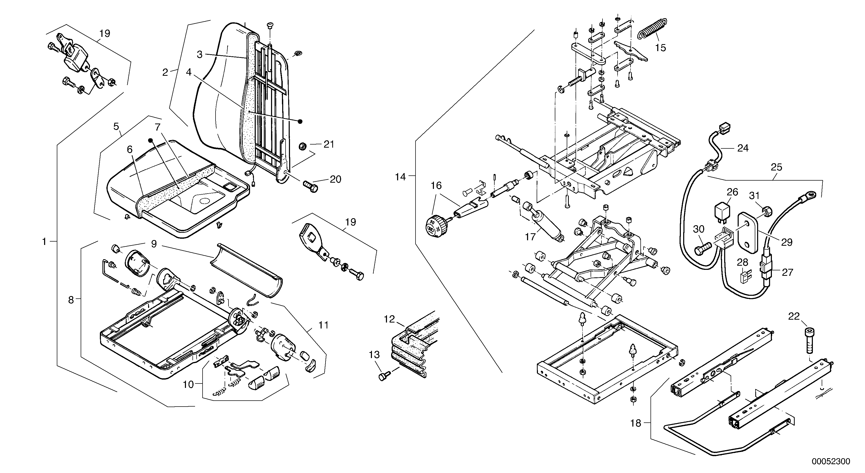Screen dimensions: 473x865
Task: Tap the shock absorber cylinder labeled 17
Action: (546, 225)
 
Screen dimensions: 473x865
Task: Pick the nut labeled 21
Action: (302, 147)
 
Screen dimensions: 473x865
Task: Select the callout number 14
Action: (400, 177)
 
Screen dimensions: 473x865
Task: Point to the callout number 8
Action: (71, 299)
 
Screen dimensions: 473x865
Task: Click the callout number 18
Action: (636, 423)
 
